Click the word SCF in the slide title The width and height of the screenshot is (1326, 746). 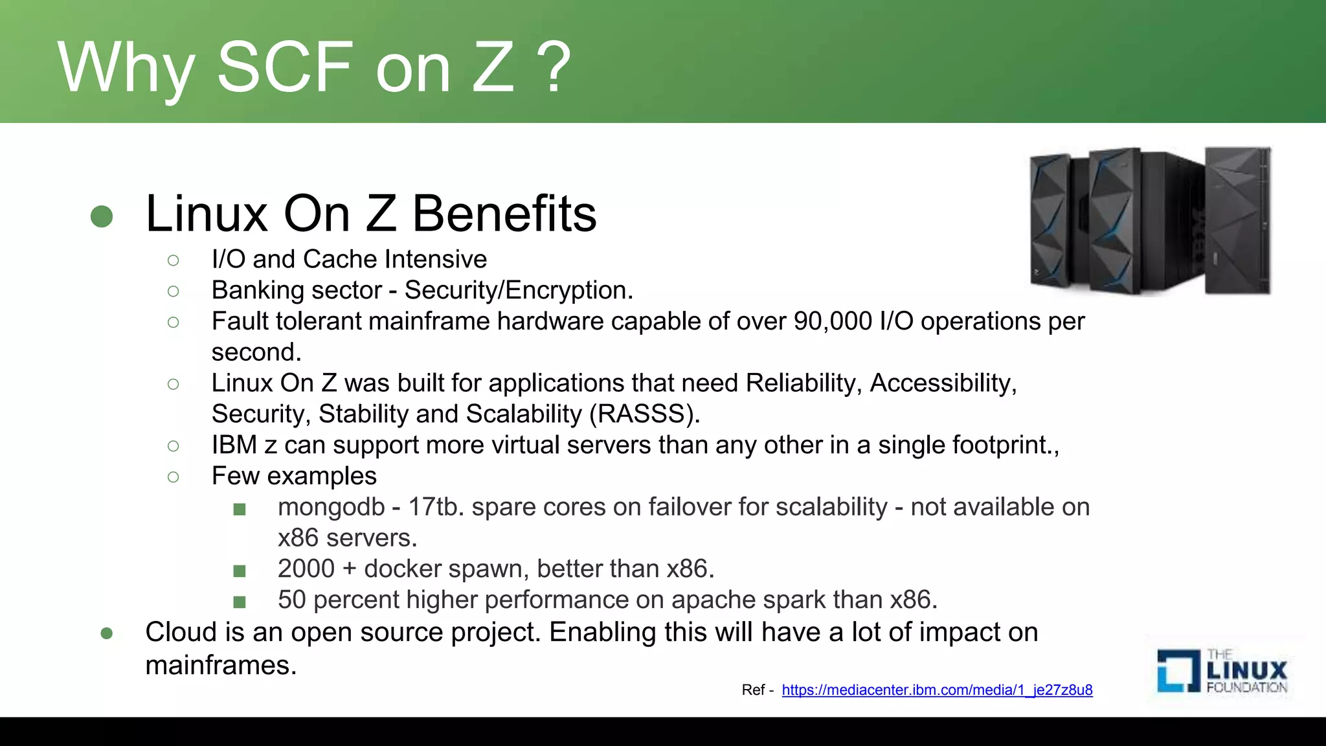click(285, 67)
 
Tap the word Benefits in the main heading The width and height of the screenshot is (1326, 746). click(504, 214)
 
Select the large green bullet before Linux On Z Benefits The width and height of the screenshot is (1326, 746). click(102, 216)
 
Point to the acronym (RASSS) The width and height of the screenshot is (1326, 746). click(644, 414)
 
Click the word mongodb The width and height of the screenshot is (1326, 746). click(331, 507)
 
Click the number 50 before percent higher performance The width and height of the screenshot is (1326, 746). click(291, 600)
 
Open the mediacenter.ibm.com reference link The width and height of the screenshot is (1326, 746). click(937, 690)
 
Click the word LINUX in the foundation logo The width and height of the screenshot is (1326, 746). click(1247, 670)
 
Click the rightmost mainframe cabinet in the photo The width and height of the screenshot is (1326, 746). click(1237, 220)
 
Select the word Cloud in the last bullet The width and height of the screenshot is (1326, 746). click(181, 632)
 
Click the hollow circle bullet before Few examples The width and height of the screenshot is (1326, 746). click(173, 477)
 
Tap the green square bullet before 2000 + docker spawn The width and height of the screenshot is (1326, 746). click(240, 571)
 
